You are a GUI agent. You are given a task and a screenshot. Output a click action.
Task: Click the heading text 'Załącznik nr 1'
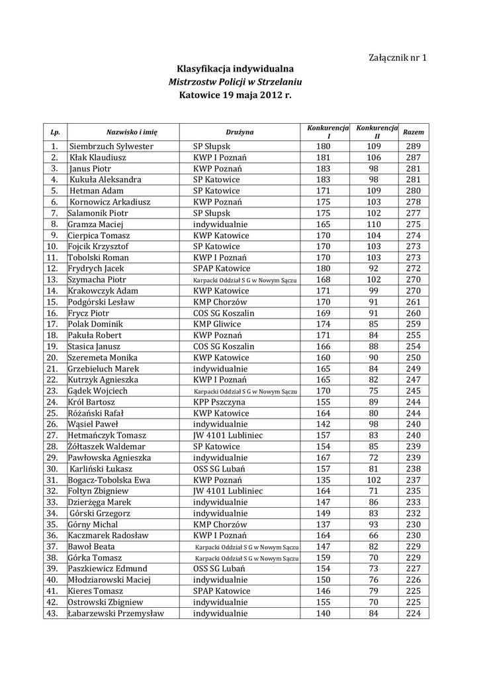point(397,57)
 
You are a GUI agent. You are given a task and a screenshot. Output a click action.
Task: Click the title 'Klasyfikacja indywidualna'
point(235,68)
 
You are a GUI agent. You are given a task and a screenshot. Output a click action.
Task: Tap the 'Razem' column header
point(414,132)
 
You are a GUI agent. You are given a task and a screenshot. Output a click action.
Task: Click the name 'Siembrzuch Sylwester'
point(111,146)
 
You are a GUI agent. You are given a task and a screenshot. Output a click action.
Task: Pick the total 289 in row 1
point(414,146)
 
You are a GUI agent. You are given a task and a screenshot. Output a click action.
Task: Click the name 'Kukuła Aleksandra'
point(105,179)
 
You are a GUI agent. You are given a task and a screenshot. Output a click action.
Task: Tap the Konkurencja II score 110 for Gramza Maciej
point(374,224)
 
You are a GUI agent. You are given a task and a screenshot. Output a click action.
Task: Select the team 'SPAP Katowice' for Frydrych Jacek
point(222,269)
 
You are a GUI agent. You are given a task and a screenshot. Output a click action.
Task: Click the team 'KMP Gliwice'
point(217,324)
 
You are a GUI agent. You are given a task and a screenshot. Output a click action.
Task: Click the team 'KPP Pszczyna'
point(219,402)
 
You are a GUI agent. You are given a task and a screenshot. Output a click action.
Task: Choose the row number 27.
point(52,436)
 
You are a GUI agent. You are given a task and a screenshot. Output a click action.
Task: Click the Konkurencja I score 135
point(323,480)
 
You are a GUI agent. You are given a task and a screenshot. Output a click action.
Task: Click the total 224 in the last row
point(414,613)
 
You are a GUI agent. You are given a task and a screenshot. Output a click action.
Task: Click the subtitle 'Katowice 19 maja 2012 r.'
point(235,95)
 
